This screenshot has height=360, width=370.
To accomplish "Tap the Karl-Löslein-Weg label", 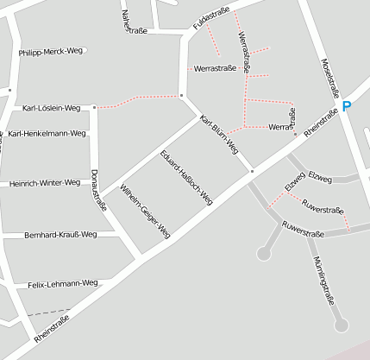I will click(x=52, y=109).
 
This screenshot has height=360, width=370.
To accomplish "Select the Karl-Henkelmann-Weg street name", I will click(x=47, y=134).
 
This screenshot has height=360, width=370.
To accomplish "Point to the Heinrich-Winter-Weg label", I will click(x=45, y=183).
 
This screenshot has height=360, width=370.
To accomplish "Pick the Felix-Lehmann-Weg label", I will click(x=63, y=284).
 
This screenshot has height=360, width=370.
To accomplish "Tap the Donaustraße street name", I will click(x=98, y=190).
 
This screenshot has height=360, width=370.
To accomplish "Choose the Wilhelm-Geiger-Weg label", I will click(x=146, y=211).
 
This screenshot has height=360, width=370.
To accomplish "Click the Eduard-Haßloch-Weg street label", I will click(x=186, y=177).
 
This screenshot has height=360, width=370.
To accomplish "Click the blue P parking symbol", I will click(x=347, y=106).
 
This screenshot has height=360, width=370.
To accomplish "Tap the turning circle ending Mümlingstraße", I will click(x=342, y=325).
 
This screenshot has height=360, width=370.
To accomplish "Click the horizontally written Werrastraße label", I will click(x=216, y=67).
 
